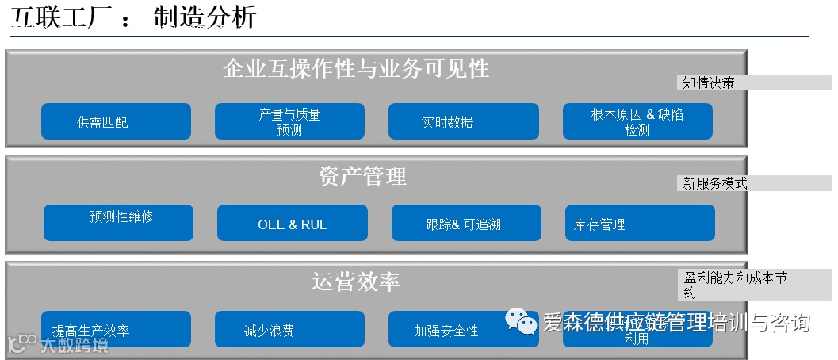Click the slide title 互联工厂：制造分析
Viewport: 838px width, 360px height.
coord(134,17)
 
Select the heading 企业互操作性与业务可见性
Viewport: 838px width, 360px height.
coord(356,68)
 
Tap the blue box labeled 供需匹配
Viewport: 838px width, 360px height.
coord(116,121)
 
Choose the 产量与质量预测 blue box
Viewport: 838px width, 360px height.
coord(289,121)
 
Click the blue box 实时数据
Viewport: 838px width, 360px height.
coord(463,121)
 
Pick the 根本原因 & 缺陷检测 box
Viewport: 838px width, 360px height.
coord(637,121)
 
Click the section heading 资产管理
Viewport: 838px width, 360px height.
coord(362,176)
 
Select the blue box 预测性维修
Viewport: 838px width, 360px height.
coord(118,223)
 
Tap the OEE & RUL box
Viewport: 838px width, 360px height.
coord(292,223)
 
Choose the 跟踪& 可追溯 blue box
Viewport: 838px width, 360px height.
coord(466,223)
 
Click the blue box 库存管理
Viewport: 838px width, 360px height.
coord(640,223)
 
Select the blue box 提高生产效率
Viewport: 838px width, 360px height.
coord(116,329)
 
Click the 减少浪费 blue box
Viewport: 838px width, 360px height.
coord(289,329)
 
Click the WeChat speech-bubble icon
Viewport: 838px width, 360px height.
coord(522,321)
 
